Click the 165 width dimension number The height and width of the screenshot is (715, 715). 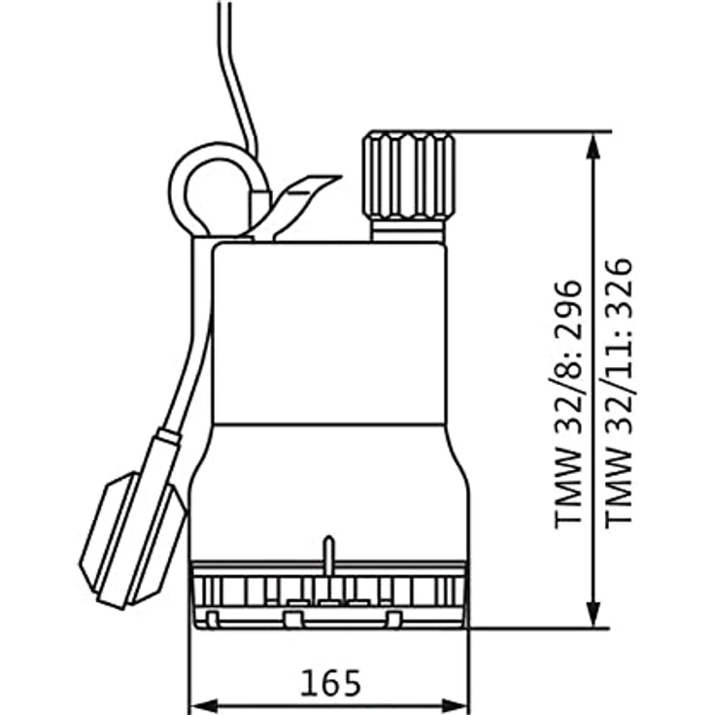pyautogui.click(x=328, y=683)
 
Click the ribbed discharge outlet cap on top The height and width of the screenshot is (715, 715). pyautogui.click(x=408, y=176)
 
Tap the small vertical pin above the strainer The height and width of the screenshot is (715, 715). pyautogui.click(x=328, y=552)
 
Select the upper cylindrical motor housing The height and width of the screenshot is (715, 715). pyautogui.click(x=328, y=330)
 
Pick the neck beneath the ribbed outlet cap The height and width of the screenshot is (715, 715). pyautogui.click(x=408, y=231)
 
